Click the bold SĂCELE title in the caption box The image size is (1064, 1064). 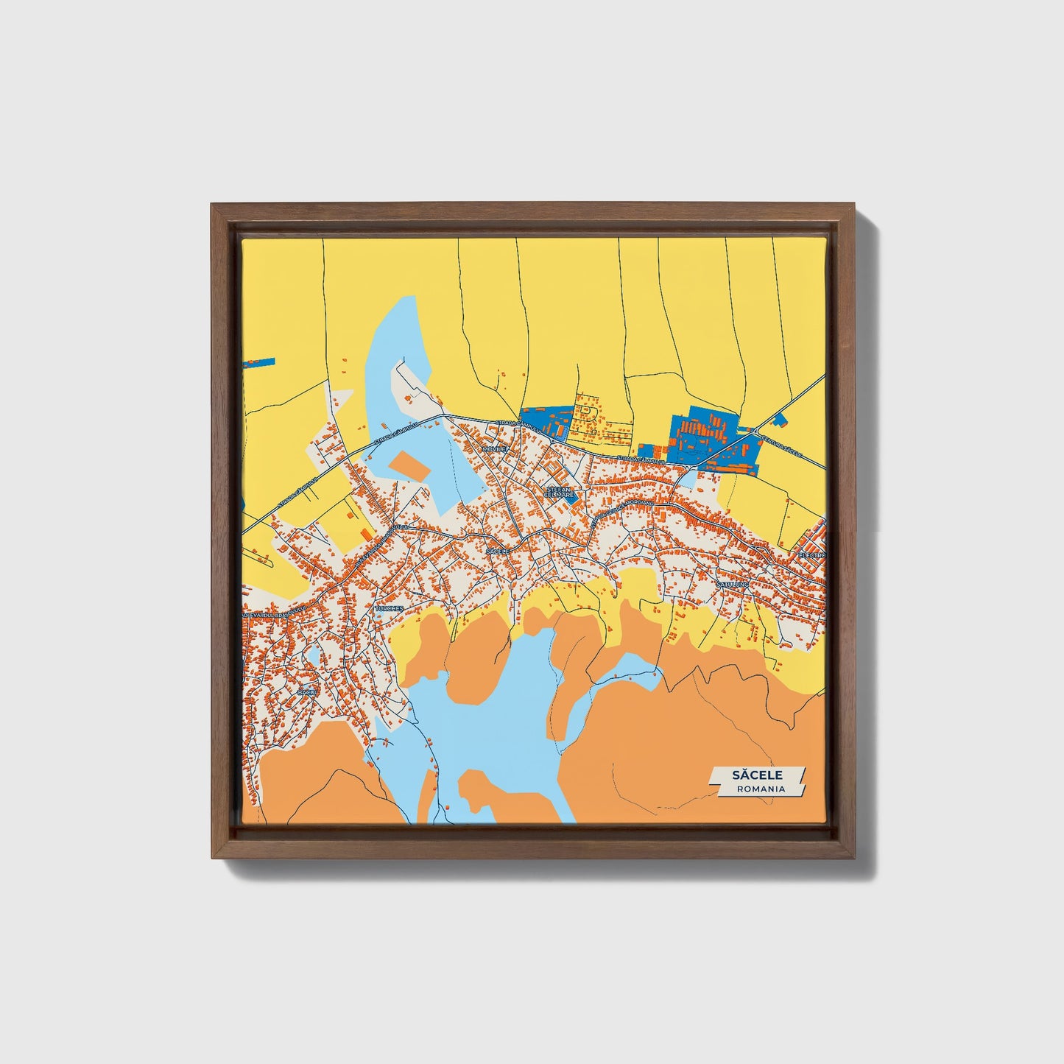[x=758, y=775]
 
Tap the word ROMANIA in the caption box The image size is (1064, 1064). [x=761, y=789]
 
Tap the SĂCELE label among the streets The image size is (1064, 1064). [x=498, y=550]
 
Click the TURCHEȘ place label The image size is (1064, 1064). [x=389, y=609]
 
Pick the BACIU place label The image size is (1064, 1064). [x=306, y=693]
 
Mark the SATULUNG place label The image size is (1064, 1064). [x=732, y=584]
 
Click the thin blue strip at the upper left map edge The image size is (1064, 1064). [x=258, y=363]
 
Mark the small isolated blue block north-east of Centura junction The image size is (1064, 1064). [x=781, y=421]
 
